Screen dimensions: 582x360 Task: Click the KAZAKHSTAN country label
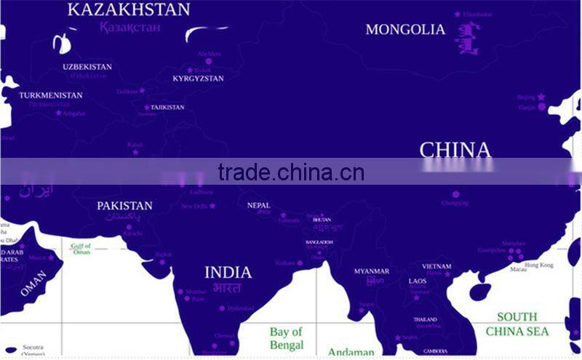[x=129, y=9]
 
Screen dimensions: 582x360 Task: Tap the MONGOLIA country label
[x=405, y=30]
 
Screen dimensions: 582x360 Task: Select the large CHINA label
[x=455, y=151]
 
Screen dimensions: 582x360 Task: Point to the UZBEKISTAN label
[x=87, y=67]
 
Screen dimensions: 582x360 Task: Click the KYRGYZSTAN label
[x=198, y=79]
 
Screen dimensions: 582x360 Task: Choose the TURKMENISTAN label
[x=51, y=95]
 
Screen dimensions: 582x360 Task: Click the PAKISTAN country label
[x=124, y=206]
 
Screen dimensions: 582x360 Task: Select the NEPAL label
[x=258, y=206]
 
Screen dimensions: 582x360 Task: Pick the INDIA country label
[x=228, y=273]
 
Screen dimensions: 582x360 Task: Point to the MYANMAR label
[x=372, y=271]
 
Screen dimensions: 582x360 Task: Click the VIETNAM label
[x=436, y=267]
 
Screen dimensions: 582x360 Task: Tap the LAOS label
[x=418, y=281]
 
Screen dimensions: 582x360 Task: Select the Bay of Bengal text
[x=287, y=339]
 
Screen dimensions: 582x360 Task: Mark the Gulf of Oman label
[x=81, y=249]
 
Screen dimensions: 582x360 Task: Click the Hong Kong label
[x=539, y=265]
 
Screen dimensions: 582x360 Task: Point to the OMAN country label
[x=33, y=284]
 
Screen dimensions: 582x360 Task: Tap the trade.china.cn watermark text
[x=291, y=172]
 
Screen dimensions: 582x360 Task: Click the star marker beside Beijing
[x=541, y=97]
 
